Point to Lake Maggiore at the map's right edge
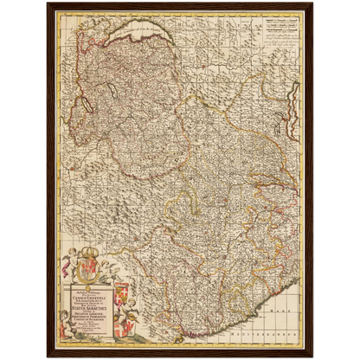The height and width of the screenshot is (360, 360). coord(294,104)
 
